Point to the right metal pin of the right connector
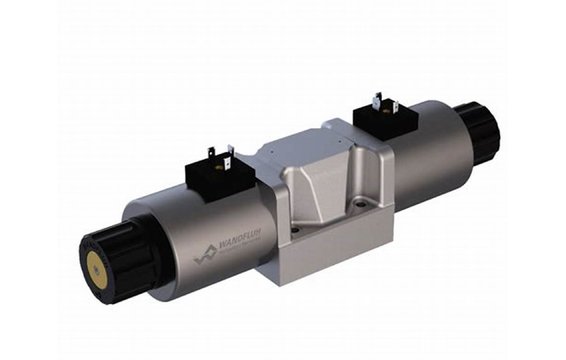coord(395,107)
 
